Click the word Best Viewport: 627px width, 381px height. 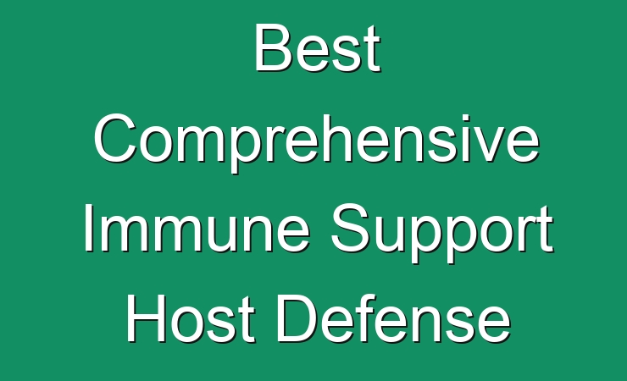[318, 48]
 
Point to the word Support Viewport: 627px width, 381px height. [442, 233]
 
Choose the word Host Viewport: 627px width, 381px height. [191, 318]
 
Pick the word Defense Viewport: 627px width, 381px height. [394, 318]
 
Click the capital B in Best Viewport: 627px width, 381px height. [273, 48]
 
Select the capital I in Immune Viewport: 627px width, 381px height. [88, 228]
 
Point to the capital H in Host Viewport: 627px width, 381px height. [146, 318]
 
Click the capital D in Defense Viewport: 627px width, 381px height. [297, 318]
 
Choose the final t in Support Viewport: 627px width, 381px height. [546, 232]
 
